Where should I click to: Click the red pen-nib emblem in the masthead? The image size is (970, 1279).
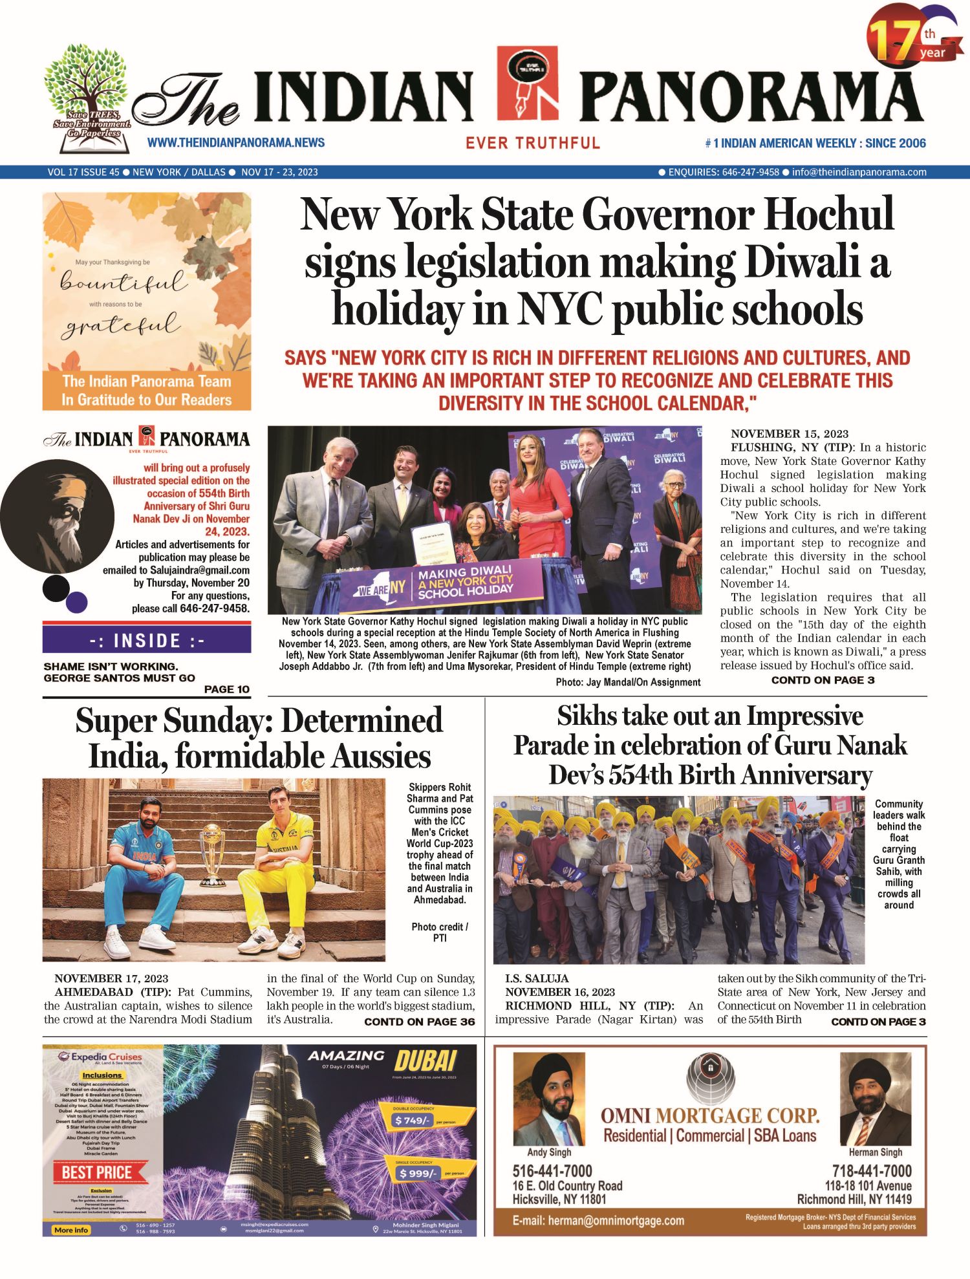pos(527,83)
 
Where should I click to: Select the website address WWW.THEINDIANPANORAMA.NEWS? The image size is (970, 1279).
pos(236,143)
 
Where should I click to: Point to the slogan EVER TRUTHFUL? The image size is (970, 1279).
pos(533,143)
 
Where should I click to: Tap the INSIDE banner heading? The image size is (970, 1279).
pos(147,641)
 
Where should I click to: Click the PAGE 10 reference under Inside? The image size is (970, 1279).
pos(226,689)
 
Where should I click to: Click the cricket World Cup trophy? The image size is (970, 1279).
pos(212,854)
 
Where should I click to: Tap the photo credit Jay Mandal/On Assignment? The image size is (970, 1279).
pos(628,682)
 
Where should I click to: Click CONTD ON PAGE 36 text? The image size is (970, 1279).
pos(419,1022)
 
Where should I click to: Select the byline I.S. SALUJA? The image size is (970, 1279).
pos(537,978)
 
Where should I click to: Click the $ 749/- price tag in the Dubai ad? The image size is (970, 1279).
pos(413,1120)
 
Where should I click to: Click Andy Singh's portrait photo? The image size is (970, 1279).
pos(548,1099)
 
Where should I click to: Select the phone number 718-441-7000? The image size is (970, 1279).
pos(872,1171)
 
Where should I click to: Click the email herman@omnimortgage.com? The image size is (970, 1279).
pos(598,1221)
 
